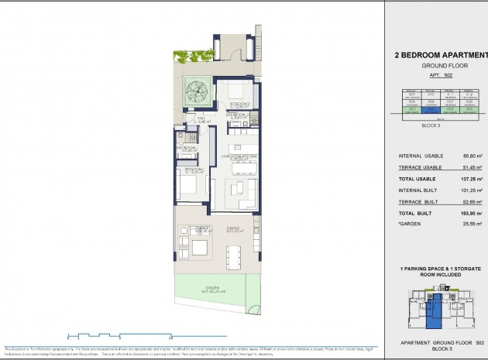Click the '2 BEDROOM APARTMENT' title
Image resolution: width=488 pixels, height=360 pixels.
(436, 55)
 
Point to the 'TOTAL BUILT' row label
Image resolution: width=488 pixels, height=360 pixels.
(417, 212)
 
